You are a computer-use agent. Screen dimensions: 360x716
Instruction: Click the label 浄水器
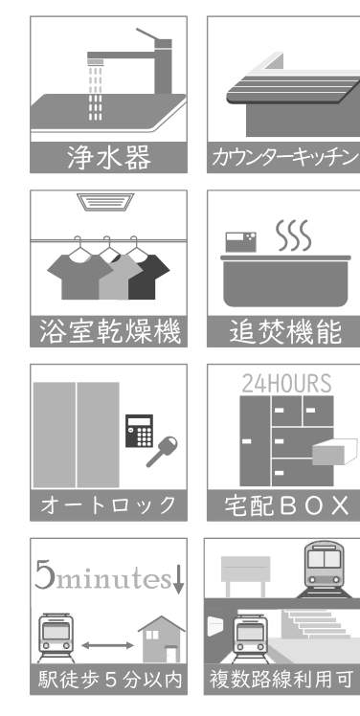click(x=109, y=158)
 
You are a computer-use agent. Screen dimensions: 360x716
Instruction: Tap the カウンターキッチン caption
click(x=284, y=158)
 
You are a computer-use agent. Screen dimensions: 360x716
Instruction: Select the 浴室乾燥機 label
click(x=109, y=331)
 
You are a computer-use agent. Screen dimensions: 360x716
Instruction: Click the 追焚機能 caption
click(x=285, y=331)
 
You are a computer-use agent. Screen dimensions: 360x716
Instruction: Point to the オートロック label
click(x=108, y=505)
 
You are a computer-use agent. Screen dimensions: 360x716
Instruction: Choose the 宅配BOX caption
click(x=286, y=505)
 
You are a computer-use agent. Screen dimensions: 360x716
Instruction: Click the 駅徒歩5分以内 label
click(x=110, y=680)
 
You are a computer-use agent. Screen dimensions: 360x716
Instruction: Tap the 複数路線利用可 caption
click(x=281, y=680)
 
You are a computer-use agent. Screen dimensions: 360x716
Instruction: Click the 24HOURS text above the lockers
click(x=286, y=384)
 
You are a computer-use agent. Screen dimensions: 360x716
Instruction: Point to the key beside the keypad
click(x=162, y=451)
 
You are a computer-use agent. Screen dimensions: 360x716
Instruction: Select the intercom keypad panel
click(x=140, y=431)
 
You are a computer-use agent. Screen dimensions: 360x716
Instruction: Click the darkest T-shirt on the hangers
click(x=149, y=277)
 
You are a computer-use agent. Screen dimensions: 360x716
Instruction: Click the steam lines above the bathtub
click(x=293, y=235)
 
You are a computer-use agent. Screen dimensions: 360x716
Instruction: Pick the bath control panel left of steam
click(x=240, y=242)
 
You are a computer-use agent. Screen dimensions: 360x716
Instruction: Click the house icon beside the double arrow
click(x=162, y=638)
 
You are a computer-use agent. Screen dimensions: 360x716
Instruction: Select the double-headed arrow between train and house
click(x=108, y=645)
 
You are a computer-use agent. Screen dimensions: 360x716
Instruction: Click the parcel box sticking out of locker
click(x=335, y=452)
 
